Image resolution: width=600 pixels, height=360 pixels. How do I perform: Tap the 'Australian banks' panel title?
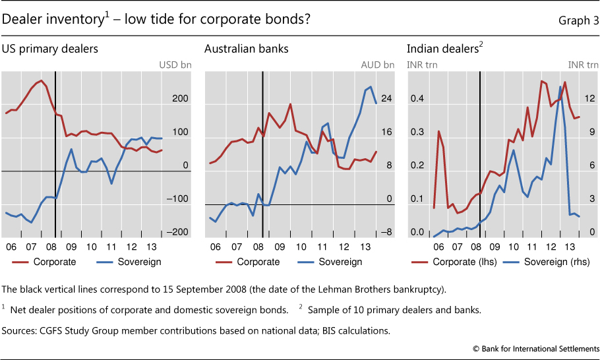tap(246, 48)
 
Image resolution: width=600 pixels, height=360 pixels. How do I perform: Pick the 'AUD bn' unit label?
tap(378, 65)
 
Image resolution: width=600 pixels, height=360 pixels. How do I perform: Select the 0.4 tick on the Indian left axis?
tap(417, 99)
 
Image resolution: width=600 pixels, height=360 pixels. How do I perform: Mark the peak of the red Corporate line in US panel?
tap(42, 80)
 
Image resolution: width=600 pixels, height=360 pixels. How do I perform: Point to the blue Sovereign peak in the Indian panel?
tap(560, 86)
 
